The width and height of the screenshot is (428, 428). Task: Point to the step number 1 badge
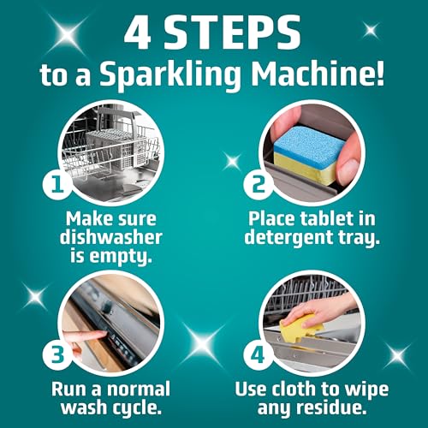click(57, 186)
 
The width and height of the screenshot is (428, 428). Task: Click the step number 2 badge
click(259, 186)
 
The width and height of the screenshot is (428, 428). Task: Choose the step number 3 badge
click(57, 356)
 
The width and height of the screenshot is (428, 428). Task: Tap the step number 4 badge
click(259, 356)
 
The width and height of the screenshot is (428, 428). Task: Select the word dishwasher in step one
click(111, 237)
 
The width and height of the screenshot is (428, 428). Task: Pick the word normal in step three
click(138, 389)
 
